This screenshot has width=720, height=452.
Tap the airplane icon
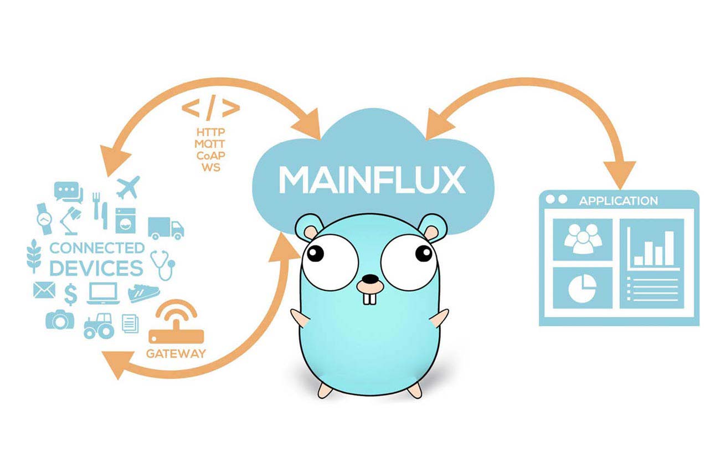(128, 187)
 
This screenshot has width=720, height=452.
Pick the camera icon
(59, 319)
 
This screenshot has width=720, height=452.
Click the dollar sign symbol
(70, 294)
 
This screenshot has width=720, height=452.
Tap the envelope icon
(44, 290)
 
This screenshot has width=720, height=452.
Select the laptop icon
(102, 293)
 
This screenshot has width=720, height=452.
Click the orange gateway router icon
(176, 324)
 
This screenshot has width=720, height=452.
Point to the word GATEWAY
(176, 353)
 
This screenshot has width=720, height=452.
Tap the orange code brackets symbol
(210, 109)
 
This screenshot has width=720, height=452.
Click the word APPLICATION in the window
(618, 201)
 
